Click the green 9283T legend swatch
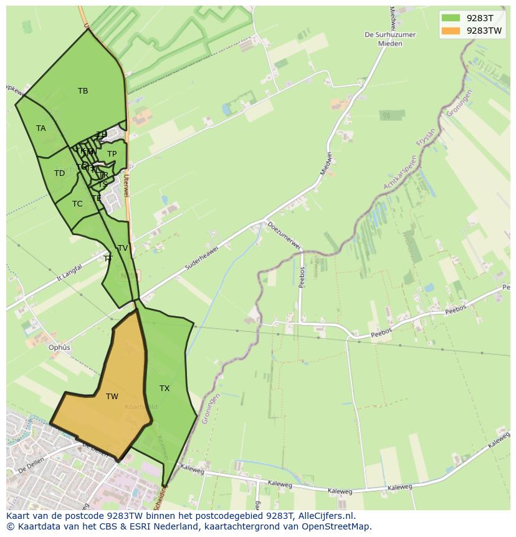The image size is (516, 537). point(451,18)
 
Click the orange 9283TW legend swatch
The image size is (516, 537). point(451,31)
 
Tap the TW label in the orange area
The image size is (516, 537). point(112,397)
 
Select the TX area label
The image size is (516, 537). point(165,389)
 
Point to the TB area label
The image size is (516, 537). point(83,91)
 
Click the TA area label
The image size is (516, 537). point(41,128)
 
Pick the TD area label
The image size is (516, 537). point(59,173)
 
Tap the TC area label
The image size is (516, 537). point(77,204)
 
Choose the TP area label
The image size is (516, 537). point(112,154)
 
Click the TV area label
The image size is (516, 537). point(123,248)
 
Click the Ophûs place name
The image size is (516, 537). point(59,347)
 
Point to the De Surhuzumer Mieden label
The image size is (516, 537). point(389,39)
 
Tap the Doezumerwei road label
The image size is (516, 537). point(284,235)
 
